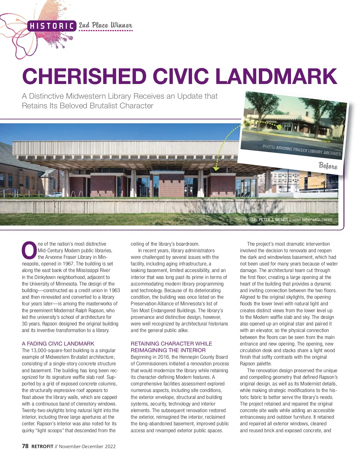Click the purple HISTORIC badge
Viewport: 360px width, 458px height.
click(52, 26)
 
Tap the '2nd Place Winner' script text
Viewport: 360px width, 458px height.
click(105, 25)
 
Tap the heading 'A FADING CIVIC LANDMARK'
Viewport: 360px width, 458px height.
click(58, 343)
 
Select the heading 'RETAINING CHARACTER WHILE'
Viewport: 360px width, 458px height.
click(171, 343)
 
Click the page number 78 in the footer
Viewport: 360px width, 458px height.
click(25, 446)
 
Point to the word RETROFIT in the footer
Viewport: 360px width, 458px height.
click(42, 446)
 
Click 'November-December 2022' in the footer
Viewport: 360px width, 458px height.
click(87, 446)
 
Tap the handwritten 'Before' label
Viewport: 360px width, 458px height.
click(328, 166)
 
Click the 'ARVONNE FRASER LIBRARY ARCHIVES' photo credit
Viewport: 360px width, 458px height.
click(308, 150)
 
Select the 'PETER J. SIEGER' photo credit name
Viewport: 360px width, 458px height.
click(273, 220)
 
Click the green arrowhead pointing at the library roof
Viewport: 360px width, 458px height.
click(216, 169)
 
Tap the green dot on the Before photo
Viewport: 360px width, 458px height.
click(279, 127)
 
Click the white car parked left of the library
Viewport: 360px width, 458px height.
click(54, 195)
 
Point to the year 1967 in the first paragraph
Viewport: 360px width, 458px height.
click(68, 264)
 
